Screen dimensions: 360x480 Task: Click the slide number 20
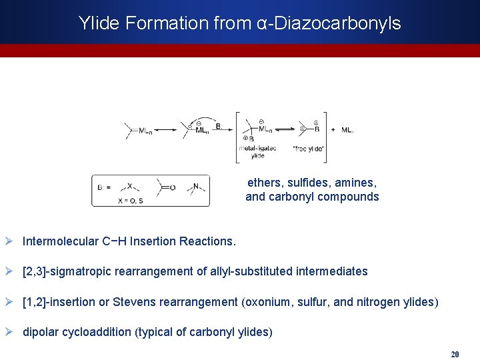click(455, 354)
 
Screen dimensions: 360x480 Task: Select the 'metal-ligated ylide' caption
click(257, 151)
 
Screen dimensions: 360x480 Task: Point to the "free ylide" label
click(309, 148)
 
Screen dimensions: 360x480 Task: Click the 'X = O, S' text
click(130, 200)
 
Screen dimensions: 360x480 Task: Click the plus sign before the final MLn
click(333, 130)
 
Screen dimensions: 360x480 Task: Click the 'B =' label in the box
click(104, 187)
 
